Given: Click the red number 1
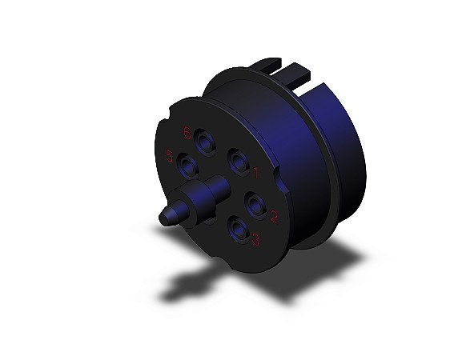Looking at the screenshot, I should tap(255, 170).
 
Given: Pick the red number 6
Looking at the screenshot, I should tap(186, 132).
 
